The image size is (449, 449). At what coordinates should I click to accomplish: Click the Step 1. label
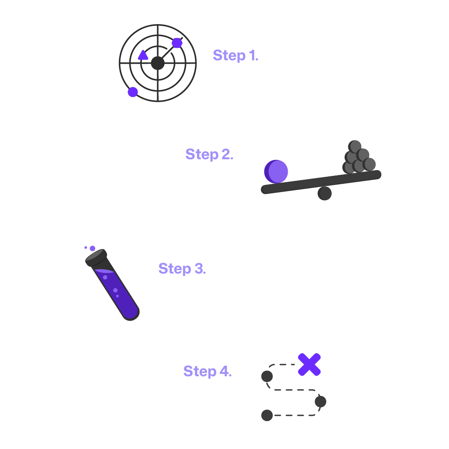[235, 55]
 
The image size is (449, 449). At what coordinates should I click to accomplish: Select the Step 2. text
[209, 154]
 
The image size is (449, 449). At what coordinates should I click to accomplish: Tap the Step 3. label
[182, 269]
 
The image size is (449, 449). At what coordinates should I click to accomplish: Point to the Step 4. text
[207, 371]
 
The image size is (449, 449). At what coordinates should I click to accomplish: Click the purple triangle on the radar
[143, 55]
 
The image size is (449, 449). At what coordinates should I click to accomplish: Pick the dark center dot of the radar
[158, 63]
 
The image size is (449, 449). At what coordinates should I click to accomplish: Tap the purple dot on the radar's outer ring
[133, 92]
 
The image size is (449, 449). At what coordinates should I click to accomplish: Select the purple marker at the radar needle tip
[177, 43]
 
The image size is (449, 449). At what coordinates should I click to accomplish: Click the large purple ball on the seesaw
[276, 171]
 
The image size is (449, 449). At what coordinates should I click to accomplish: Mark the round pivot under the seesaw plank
[325, 193]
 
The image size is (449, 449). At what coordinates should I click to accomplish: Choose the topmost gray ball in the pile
[355, 146]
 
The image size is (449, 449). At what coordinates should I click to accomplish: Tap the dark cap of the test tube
[96, 258]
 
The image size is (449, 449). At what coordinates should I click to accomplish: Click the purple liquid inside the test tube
[114, 291]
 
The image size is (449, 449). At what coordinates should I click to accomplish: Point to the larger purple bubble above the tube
[92, 248]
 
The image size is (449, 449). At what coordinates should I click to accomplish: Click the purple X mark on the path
[309, 365]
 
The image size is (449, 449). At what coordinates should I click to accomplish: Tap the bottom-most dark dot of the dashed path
[267, 415]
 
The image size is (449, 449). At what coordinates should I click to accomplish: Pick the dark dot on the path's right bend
[321, 402]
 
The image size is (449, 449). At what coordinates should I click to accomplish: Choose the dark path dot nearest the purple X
[267, 377]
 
